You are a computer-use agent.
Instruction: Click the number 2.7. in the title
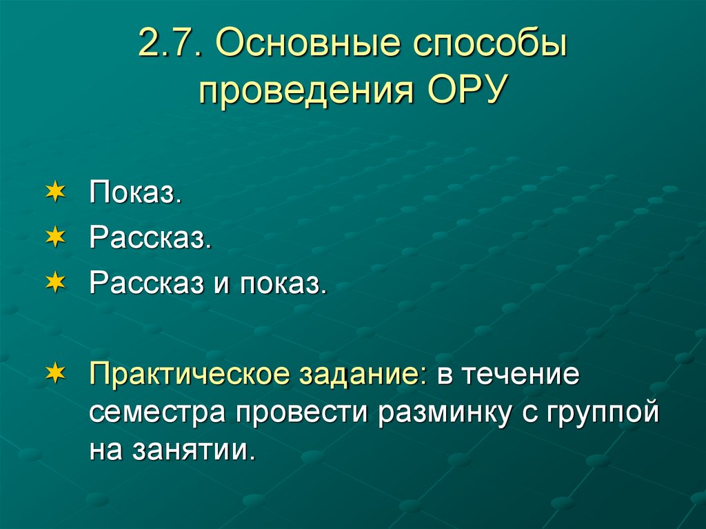point(168,46)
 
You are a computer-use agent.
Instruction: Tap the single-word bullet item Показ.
point(135,194)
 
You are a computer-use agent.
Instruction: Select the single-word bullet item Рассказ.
point(150,238)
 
